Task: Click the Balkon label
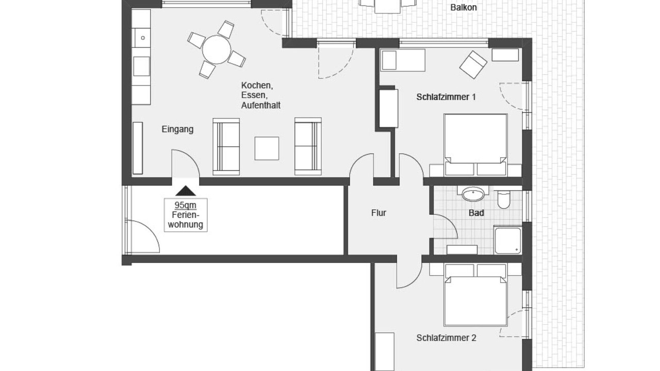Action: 464,7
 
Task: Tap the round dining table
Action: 217,50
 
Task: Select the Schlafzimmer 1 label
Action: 446,97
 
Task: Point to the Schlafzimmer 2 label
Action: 446,338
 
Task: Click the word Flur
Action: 378,213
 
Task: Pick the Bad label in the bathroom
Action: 476,213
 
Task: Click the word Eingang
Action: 178,129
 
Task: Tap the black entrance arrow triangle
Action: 186,191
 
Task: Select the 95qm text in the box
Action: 185,205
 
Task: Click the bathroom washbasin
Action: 473,194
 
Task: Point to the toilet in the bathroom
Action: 504,199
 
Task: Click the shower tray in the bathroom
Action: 508,240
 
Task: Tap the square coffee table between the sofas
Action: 267,148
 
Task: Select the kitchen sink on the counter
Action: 142,38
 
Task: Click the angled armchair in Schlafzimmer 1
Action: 473,65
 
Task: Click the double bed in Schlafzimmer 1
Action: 475,145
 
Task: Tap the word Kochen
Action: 257,86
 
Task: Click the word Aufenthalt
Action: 261,106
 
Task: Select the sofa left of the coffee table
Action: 226,147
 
